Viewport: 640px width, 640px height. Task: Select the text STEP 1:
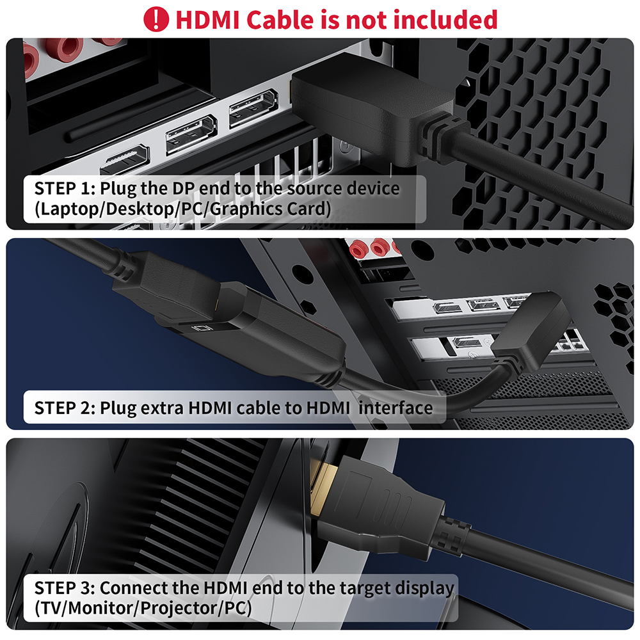coord(65,189)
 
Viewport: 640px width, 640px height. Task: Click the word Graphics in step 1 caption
coord(255,209)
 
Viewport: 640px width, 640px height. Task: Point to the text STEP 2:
coord(65,408)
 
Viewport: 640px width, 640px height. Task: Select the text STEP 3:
coord(65,588)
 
